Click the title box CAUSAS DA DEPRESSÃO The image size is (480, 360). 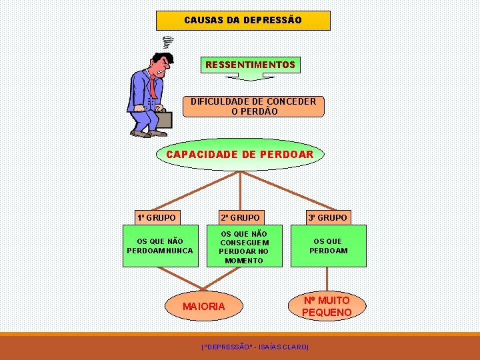pyautogui.click(x=243, y=20)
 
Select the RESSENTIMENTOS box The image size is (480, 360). pyautogui.click(x=250, y=65)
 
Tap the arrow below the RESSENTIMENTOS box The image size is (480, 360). pyautogui.click(x=249, y=77)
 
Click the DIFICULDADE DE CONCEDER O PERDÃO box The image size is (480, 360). pyautogui.click(x=253, y=106)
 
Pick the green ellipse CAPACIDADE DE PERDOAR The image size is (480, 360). pyautogui.click(x=239, y=155)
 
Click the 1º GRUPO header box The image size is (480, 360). pyautogui.click(x=157, y=217)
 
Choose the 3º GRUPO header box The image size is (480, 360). pyautogui.click(x=327, y=217)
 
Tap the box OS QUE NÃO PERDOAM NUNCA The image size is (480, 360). pyautogui.click(x=160, y=246)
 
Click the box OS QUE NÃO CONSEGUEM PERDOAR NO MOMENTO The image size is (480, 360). pyautogui.click(x=244, y=247)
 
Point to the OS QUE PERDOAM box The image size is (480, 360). pyautogui.click(x=328, y=246)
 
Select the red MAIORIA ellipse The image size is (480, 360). pyautogui.click(x=204, y=306)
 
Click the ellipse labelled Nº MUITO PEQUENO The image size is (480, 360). pyautogui.click(x=327, y=306)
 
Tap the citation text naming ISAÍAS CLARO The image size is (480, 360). pyautogui.click(x=255, y=347)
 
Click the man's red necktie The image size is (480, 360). pyautogui.click(x=153, y=86)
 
